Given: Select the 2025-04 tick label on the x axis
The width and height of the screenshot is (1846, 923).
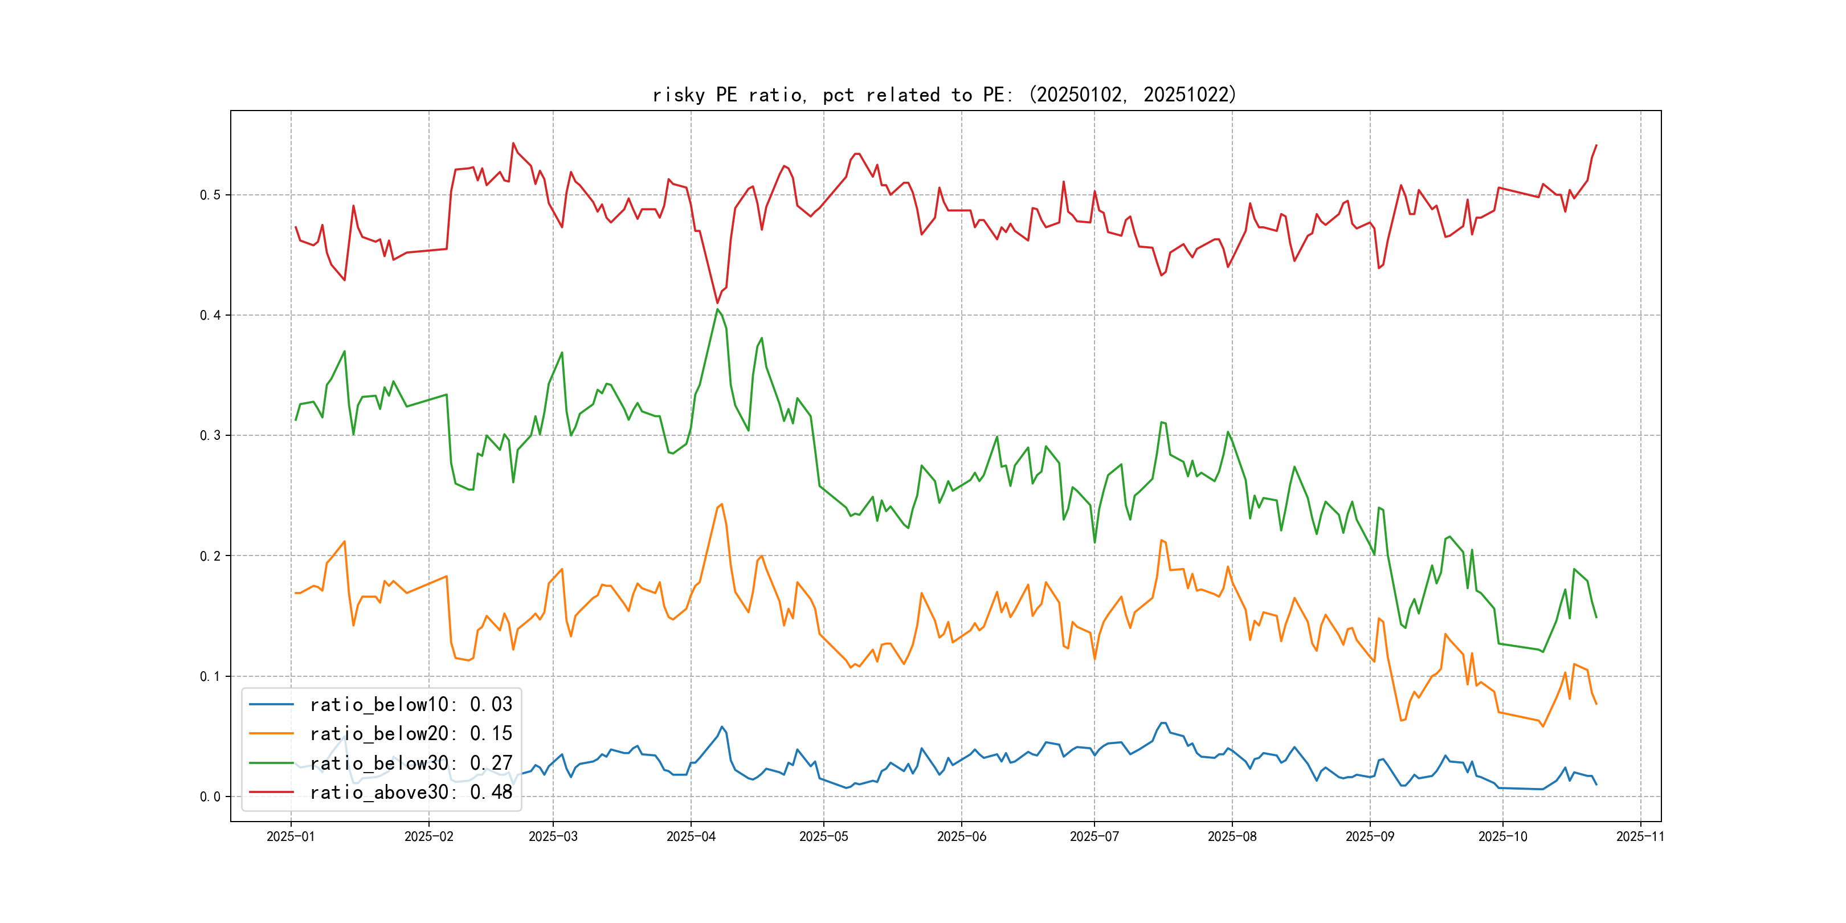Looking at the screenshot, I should pos(691,837).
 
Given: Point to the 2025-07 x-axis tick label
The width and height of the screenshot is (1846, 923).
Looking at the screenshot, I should pos(1093,837).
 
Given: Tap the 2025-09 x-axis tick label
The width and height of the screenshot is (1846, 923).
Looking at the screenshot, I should pos(1370,837).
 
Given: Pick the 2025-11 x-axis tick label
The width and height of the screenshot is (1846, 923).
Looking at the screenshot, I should pos(1640,837).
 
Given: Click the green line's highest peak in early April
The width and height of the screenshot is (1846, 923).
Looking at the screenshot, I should pos(717,309).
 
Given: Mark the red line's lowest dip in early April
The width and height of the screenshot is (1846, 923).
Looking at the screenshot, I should pos(717,303).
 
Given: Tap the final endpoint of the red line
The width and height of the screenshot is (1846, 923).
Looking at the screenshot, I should pos(1596,145).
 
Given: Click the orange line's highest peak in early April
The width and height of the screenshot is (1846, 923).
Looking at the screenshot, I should pos(722,504).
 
